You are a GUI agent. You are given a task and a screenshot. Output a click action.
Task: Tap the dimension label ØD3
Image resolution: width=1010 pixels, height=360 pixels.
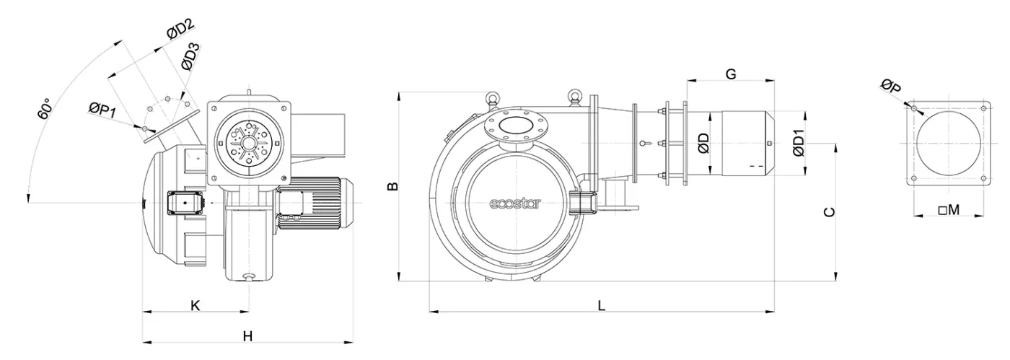191,57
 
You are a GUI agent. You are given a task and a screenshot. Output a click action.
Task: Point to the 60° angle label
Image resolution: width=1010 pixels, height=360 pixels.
45,108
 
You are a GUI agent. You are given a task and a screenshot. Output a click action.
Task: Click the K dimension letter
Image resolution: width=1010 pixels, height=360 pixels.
195,305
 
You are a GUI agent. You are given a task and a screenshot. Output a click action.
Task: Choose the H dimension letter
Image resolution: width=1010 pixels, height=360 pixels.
247,335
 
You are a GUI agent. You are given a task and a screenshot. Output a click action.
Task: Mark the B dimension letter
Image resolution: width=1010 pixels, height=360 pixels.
392,186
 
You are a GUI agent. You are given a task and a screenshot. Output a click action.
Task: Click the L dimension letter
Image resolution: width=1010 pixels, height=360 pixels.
601,305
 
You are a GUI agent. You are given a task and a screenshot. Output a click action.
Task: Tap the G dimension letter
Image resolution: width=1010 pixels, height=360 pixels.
730,74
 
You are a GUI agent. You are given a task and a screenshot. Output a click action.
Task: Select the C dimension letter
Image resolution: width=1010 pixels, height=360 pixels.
830,211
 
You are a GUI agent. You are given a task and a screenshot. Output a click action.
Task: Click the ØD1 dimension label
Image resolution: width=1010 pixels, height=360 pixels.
798,143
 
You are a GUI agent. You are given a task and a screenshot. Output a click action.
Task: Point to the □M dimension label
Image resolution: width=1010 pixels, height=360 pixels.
949,210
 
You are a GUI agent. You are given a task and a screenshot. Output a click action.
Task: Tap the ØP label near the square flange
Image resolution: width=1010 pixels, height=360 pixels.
891,87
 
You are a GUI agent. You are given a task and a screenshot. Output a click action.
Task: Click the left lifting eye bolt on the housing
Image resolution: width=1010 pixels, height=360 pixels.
492,97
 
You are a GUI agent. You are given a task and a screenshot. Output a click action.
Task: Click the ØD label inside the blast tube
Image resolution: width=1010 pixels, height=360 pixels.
704,143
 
